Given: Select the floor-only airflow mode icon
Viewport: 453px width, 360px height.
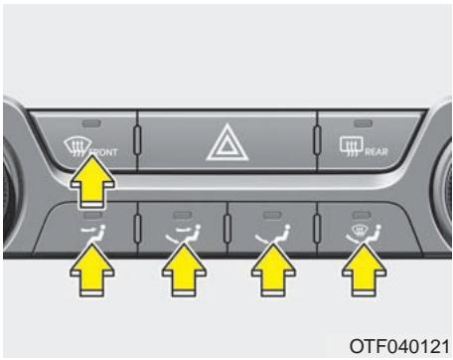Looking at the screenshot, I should (x=271, y=237).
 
